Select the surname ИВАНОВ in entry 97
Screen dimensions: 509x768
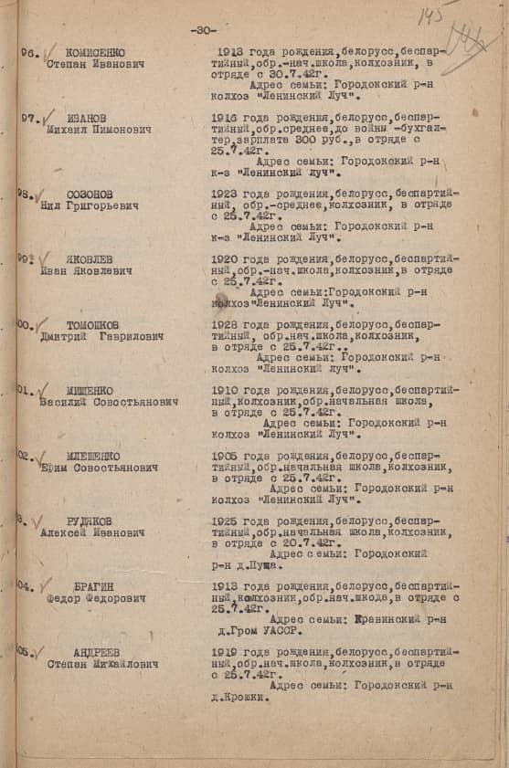coord(86,118)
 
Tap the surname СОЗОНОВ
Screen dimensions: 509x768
coord(90,195)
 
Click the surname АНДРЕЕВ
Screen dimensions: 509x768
coord(95,652)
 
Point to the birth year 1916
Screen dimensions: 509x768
coord(225,118)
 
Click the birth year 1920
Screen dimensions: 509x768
coord(226,259)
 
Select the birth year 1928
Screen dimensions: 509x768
coord(226,325)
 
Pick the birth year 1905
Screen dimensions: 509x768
coord(226,455)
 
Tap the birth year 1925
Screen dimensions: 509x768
coord(226,521)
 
